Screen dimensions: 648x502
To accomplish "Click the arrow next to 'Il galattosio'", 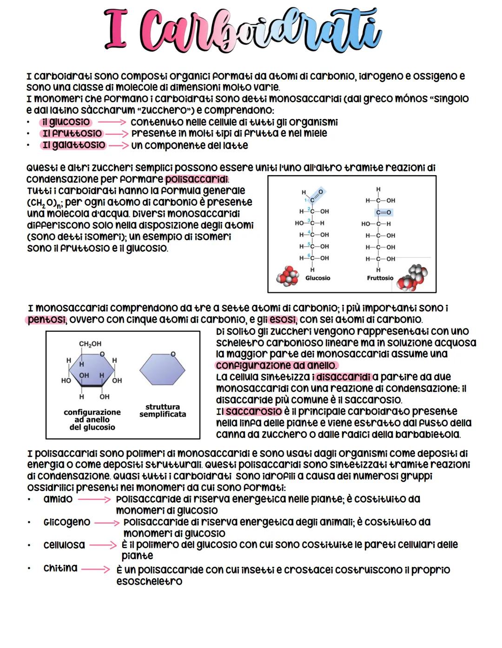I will coord(119,146).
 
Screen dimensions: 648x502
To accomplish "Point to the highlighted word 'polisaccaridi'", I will coord(197,179).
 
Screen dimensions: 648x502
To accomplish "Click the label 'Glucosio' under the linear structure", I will coord(317,278).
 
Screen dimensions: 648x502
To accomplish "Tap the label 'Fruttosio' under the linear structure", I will coord(380,278).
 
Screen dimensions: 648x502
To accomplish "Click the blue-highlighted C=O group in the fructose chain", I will coord(383,212).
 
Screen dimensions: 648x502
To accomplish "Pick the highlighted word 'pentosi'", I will coord(46,320).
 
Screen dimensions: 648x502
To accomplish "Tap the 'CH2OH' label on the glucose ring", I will coord(90,344).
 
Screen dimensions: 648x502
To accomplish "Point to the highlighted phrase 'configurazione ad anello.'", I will coord(277,366).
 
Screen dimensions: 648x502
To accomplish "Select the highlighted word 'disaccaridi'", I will coord(343,377).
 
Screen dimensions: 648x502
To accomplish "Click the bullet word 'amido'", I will coord(58,499).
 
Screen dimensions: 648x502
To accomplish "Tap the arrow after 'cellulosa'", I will coord(103,545).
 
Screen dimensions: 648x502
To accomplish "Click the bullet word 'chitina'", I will coord(60,569).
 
